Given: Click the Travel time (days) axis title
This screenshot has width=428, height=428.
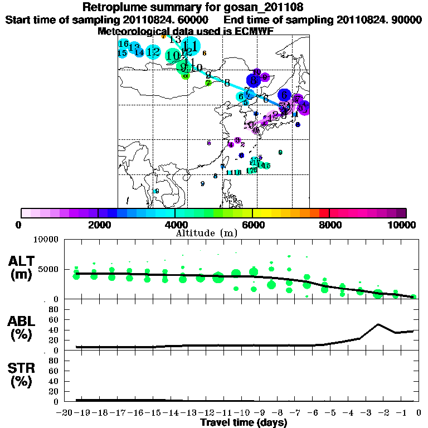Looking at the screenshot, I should (244, 422).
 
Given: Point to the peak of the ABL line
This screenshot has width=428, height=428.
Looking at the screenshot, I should (378, 324).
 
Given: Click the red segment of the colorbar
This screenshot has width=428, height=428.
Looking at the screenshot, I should (324, 213).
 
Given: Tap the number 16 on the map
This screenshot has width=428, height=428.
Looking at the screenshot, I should (124, 44).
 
